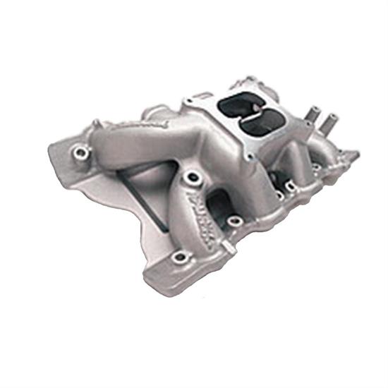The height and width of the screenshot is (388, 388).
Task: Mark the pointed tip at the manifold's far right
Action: tap(356, 154)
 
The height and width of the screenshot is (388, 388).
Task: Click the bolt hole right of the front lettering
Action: tap(236, 222)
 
